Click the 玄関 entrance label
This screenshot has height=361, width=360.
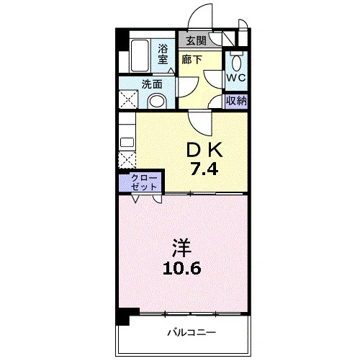point(197,40)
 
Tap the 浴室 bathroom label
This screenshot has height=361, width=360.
point(163,54)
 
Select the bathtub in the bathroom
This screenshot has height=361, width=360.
point(140,55)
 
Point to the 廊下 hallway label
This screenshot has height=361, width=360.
point(192,60)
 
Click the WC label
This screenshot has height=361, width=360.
point(236,78)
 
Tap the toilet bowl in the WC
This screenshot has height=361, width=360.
point(237,63)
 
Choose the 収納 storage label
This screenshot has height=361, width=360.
point(237,101)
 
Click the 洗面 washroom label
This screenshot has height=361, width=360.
point(152,84)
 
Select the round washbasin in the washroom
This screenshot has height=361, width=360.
point(157,102)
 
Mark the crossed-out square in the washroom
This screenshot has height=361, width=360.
point(128,99)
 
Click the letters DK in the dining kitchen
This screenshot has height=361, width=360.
point(204,150)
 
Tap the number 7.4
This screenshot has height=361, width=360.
point(204,169)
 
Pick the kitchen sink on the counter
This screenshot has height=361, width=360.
point(127,142)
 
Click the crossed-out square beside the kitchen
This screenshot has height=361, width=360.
point(127,160)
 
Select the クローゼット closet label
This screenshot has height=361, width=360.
point(144,182)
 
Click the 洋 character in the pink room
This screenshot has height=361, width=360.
point(181,249)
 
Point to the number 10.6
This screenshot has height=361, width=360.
point(181,268)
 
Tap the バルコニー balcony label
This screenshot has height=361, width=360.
point(192,333)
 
